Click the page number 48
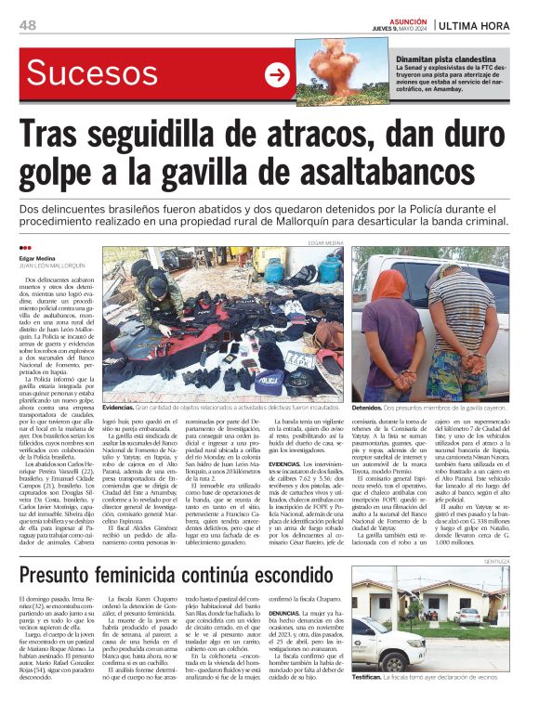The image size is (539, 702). (x=27, y=24)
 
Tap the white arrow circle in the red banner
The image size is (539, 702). (x=279, y=75)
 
